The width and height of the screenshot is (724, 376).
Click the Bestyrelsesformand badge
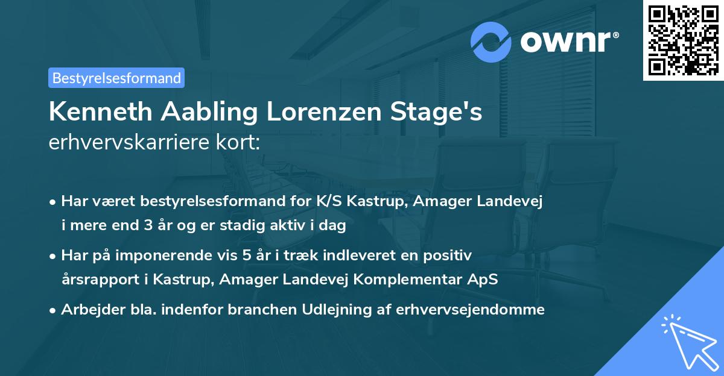pyautogui.click(x=116, y=78)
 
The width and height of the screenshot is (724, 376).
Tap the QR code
pyautogui.click(x=682, y=40)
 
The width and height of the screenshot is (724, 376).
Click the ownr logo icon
pyautogui.click(x=492, y=42)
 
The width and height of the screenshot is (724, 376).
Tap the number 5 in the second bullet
pyautogui.click(x=246, y=255)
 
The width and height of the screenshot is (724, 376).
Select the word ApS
pyautogui.click(x=484, y=280)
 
